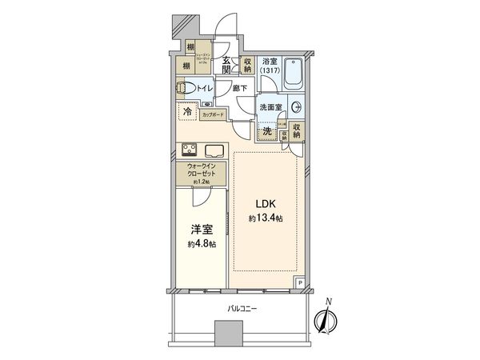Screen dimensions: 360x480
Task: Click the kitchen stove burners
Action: [x=190, y=149]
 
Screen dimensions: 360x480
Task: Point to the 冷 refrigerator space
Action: [x=187, y=113]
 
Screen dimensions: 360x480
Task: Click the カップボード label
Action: [x=212, y=115]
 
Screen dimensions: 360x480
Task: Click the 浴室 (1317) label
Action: [x=270, y=66]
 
